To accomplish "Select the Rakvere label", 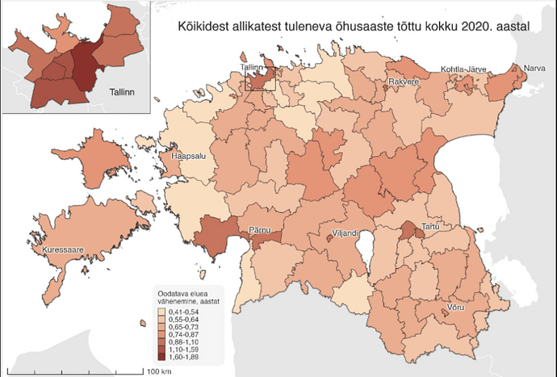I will pyautogui.click(x=403, y=83).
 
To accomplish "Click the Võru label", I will pyautogui.click(x=455, y=309).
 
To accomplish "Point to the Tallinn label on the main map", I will pyautogui.click(x=253, y=68).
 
